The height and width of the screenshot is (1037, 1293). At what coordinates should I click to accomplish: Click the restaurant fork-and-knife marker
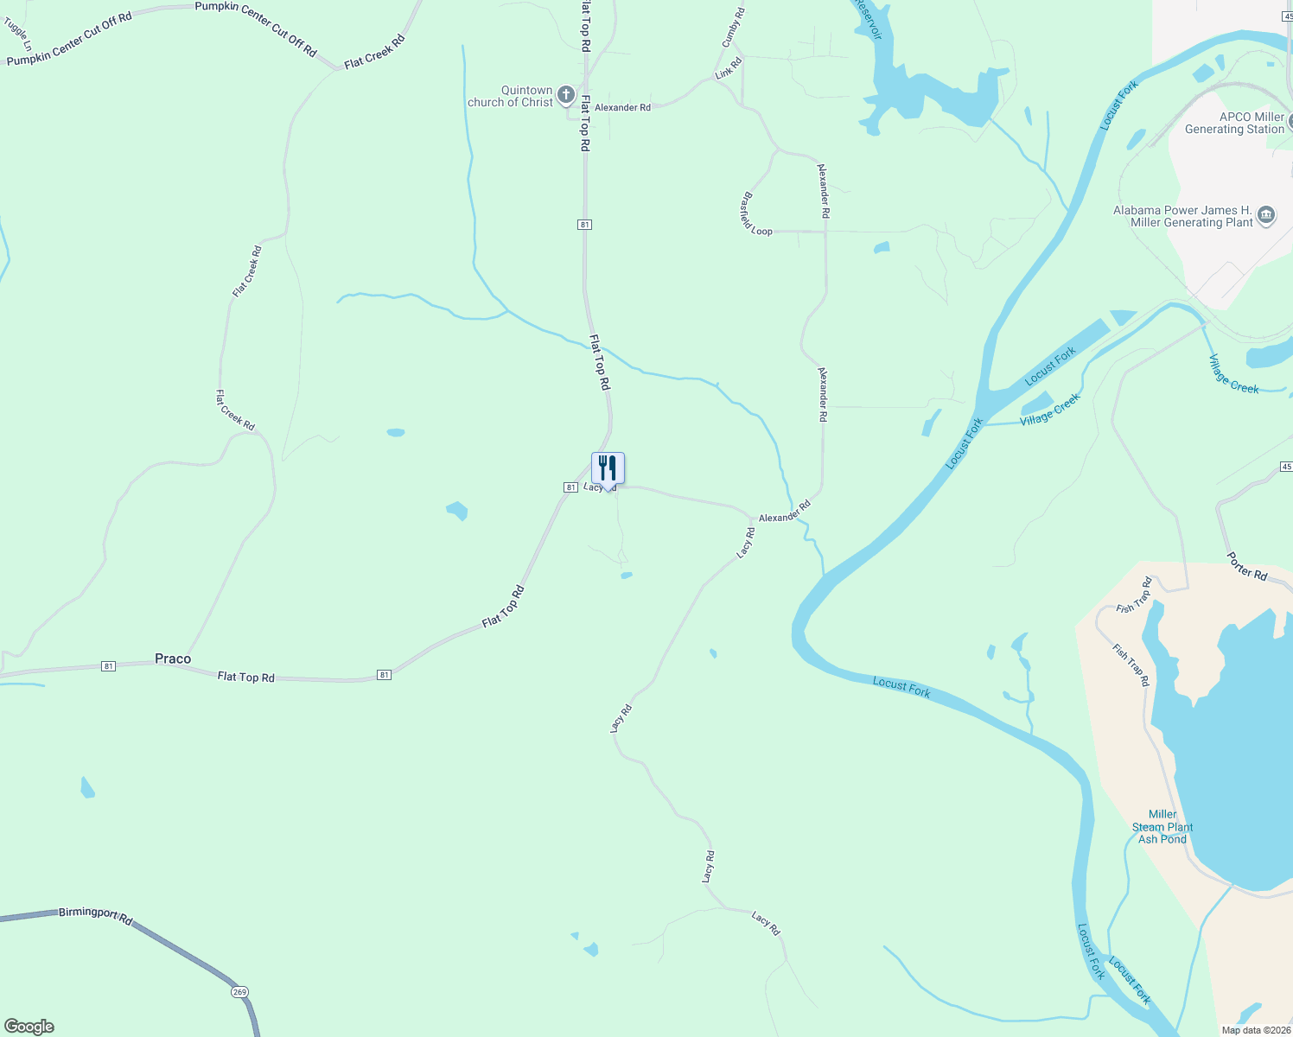point(608,468)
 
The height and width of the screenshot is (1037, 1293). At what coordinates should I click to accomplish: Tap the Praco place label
point(173,658)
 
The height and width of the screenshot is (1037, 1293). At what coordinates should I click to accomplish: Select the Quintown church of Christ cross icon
point(566,95)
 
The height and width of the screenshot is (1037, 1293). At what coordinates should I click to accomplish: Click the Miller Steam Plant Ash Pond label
point(1162,827)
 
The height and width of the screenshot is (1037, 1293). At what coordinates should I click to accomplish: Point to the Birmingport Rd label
point(95,915)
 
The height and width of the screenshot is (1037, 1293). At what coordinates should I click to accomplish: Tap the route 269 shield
point(240,992)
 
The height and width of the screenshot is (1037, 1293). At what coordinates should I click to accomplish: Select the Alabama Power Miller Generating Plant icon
point(1266,215)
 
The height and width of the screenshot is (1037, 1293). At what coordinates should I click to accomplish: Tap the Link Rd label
point(729,68)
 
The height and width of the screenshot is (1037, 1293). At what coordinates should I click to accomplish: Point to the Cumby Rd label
point(733,28)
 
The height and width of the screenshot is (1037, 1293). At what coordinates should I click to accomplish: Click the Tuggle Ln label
point(17,33)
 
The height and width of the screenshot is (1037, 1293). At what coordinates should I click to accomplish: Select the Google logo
point(29,1027)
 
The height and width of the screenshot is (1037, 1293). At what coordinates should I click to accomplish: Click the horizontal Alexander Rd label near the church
point(622,108)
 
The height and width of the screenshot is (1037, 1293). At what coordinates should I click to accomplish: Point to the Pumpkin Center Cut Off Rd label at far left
point(69,40)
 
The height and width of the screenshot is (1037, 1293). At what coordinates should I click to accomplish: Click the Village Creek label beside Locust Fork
point(1049,410)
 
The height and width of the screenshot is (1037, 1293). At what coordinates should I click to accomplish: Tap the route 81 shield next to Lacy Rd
point(570,487)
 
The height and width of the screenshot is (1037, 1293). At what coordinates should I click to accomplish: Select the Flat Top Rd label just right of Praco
point(246,677)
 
